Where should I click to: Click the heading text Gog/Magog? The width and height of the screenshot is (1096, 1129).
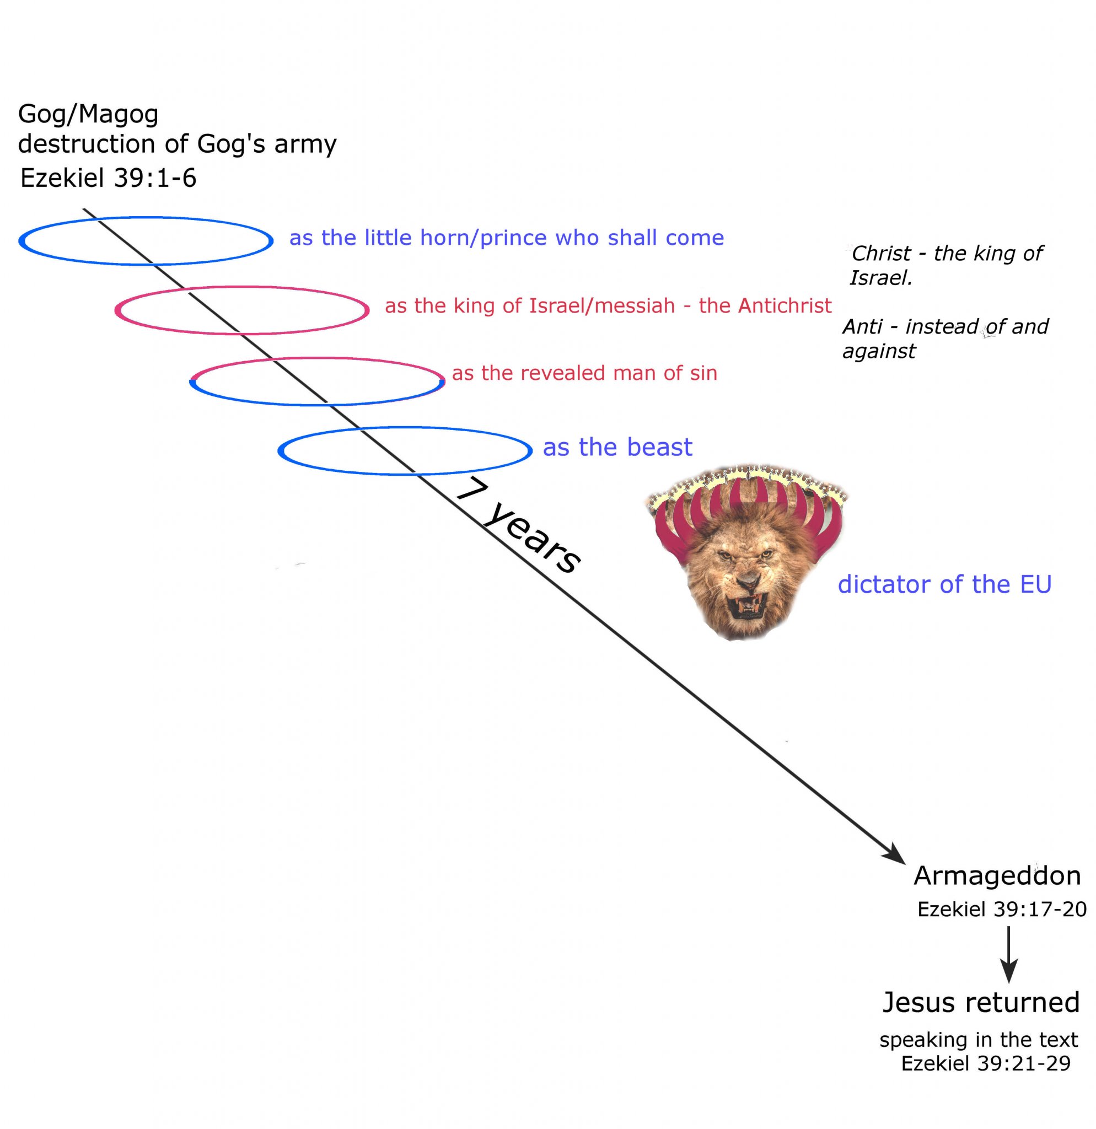point(88,114)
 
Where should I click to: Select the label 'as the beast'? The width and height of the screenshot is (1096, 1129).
point(617,448)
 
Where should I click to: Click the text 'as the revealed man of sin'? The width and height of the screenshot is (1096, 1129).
point(584,373)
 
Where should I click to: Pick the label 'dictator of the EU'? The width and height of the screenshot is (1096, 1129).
point(944,584)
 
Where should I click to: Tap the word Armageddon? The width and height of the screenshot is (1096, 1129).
point(997,875)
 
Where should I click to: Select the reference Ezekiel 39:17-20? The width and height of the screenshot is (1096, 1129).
point(1002,909)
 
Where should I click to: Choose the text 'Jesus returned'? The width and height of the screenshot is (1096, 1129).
point(981,1002)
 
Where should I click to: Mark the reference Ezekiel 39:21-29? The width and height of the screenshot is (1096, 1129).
point(985,1063)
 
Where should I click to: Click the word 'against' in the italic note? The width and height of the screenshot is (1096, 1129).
point(879,351)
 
